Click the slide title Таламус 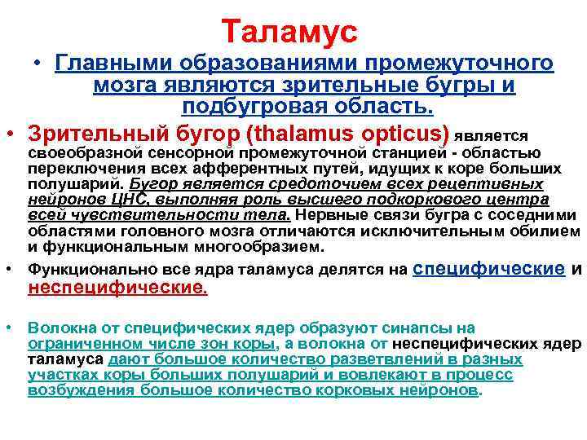click(x=289, y=33)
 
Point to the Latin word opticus click(x=404, y=133)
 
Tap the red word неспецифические click(x=118, y=288)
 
